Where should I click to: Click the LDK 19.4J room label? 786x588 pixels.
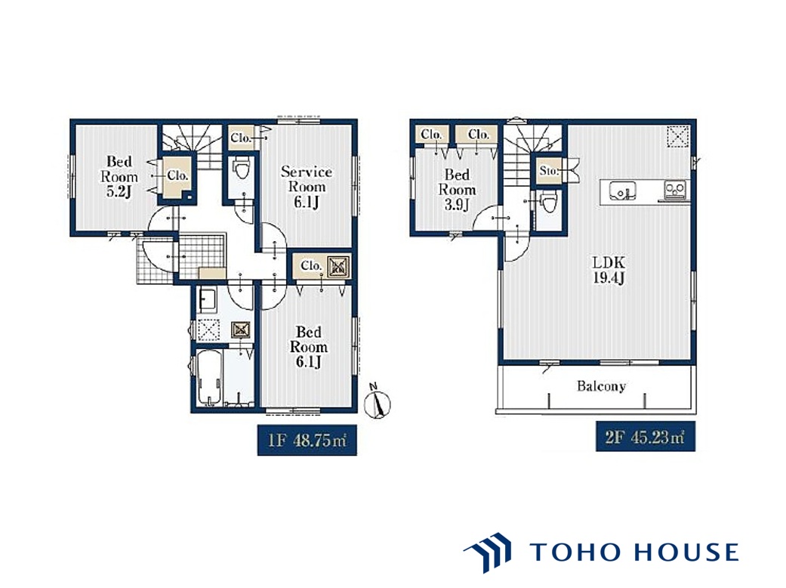tap(609, 270)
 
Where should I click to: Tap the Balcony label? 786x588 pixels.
tap(601, 385)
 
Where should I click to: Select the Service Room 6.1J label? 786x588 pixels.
tap(307, 187)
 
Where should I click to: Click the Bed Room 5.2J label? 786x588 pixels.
tap(119, 177)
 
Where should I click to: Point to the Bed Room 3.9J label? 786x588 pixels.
tap(457, 190)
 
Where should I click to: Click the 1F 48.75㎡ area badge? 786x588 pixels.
tap(307, 441)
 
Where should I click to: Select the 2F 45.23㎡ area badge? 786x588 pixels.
tap(645, 437)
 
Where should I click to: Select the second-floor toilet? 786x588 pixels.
tap(548, 204)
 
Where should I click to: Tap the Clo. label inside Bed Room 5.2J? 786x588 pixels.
tap(177, 175)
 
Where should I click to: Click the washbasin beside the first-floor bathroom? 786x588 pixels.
tap(207, 301)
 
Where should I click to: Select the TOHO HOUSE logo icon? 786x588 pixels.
tap(488, 552)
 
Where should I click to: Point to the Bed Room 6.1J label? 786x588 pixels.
tap(308, 347)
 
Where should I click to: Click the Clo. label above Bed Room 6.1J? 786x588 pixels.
tap(311, 266)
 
